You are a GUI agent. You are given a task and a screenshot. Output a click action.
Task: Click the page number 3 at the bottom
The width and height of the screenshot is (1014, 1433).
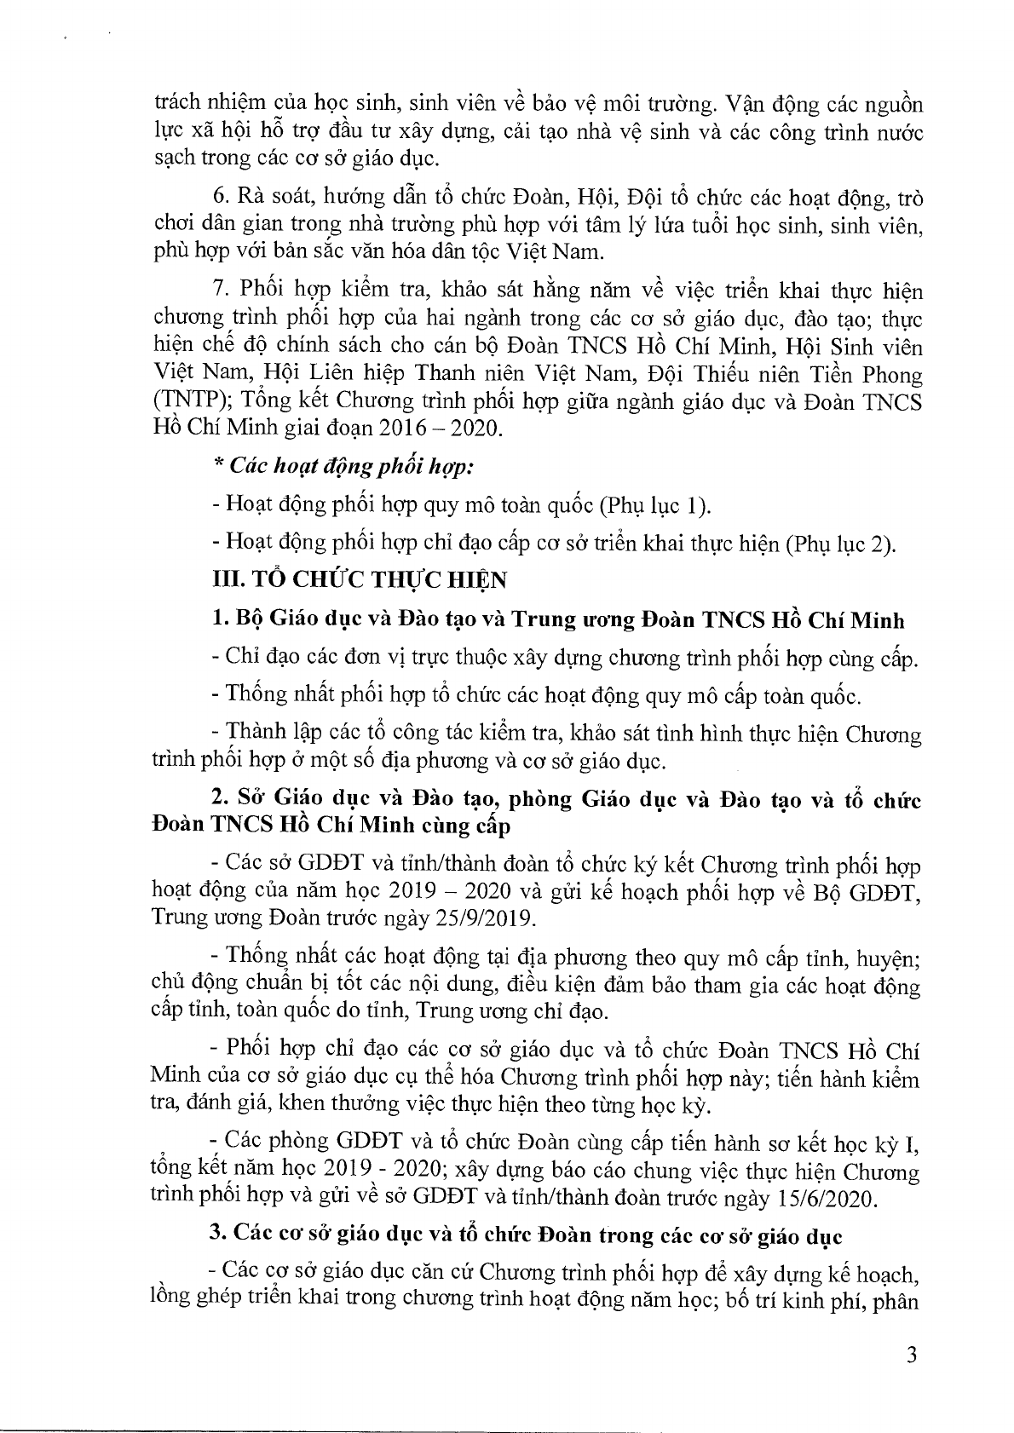click(912, 1356)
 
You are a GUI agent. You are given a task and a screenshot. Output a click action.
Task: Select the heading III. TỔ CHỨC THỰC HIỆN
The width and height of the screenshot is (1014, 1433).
click(359, 580)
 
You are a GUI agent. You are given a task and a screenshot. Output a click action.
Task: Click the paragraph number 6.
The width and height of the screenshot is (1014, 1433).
click(219, 199)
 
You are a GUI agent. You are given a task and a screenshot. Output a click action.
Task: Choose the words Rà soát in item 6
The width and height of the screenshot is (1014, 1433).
click(269, 199)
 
